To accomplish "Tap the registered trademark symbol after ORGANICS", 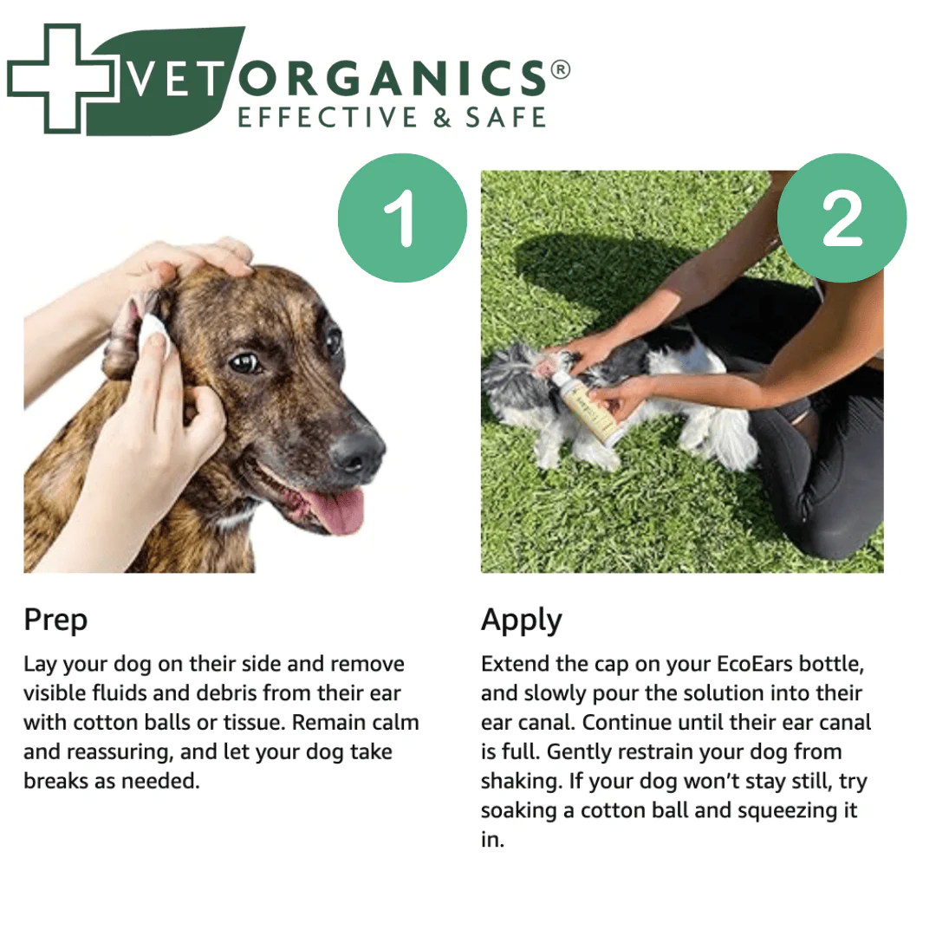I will coord(560,70).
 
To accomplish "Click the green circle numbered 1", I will coord(401,218).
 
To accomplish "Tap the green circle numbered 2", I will coord(842,218).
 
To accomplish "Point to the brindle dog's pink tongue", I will coord(334,511).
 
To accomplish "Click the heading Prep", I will coord(55,621).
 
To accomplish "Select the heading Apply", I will coord(521,621).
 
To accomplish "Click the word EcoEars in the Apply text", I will coord(759,665).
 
